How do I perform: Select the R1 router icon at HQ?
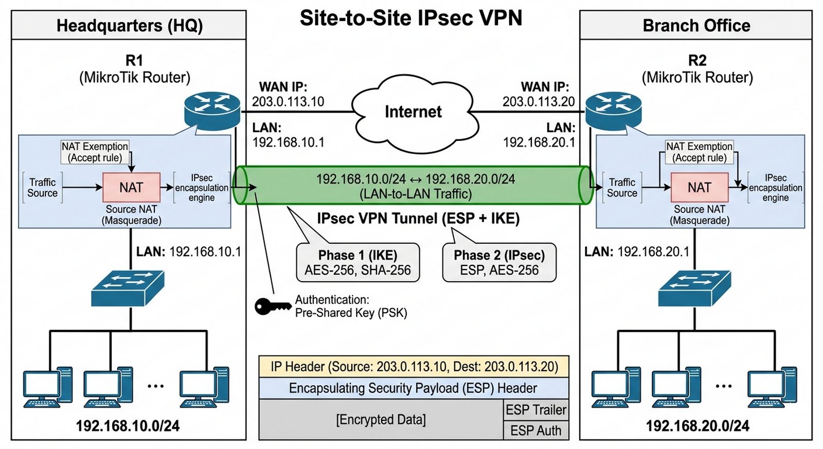point(212,109)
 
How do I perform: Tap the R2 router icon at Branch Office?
point(614,109)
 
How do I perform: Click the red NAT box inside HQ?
point(131,187)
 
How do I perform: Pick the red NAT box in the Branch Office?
point(700,187)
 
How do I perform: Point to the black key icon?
point(272,307)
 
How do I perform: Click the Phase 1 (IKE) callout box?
point(358,263)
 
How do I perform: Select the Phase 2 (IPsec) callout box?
point(499,263)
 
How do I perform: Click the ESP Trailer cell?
point(535,410)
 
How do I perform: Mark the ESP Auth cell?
point(535,430)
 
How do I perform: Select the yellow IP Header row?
point(414,367)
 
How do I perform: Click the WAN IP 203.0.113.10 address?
point(288,102)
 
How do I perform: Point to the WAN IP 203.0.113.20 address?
point(539,102)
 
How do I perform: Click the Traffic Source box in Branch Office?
point(622,188)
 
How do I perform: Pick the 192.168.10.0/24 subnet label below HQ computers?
point(128,426)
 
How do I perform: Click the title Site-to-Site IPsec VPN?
point(411,19)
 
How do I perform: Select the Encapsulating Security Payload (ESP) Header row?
point(414,388)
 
